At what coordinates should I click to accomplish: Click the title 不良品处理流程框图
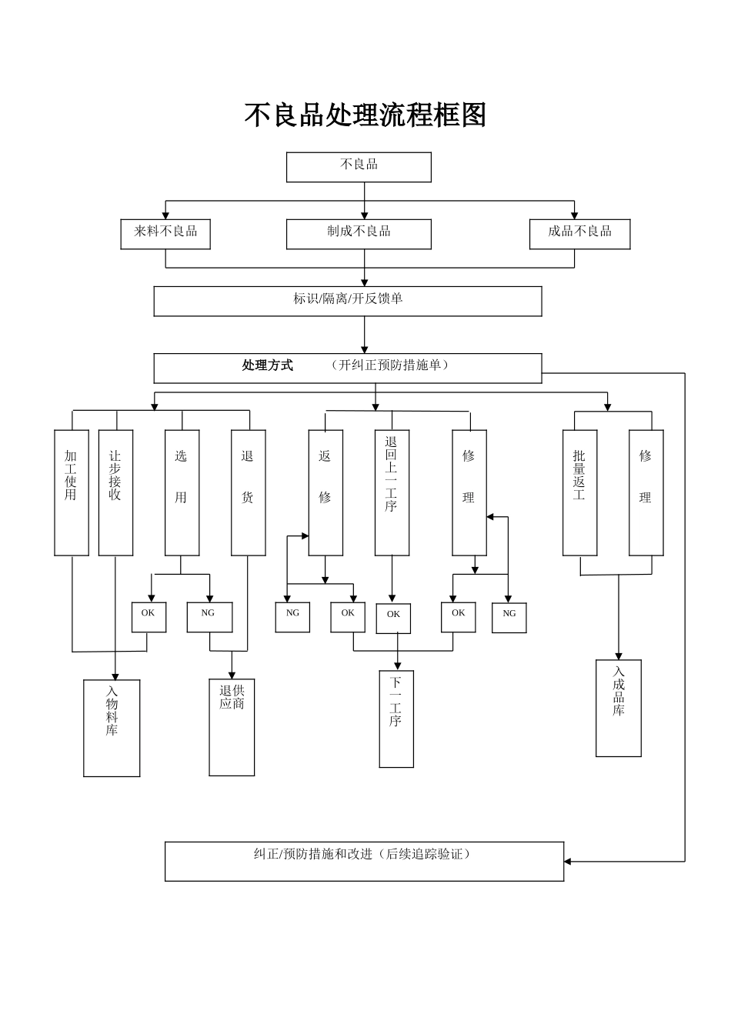(x=365, y=115)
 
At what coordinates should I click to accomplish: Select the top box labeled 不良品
(x=359, y=167)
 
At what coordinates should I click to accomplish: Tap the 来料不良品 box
(x=165, y=234)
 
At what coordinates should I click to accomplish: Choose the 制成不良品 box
(x=359, y=234)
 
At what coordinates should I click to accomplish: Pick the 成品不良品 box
(x=579, y=234)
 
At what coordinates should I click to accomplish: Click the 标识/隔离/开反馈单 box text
(x=348, y=299)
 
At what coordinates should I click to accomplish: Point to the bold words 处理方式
(x=268, y=365)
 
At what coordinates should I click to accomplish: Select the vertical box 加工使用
(x=72, y=492)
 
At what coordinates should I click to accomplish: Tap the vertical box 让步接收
(x=115, y=492)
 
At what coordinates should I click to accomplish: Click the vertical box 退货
(x=248, y=492)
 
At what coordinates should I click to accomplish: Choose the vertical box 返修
(x=325, y=492)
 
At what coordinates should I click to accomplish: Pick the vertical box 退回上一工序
(x=392, y=492)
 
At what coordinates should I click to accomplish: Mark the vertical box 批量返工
(x=579, y=492)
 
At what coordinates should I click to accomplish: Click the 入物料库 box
(x=112, y=728)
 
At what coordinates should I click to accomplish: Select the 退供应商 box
(x=232, y=727)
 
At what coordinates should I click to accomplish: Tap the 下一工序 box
(x=396, y=719)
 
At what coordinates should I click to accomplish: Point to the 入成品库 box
(x=618, y=708)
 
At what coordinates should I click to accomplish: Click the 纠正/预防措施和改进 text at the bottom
(x=362, y=855)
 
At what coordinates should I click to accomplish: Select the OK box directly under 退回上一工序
(x=393, y=618)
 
